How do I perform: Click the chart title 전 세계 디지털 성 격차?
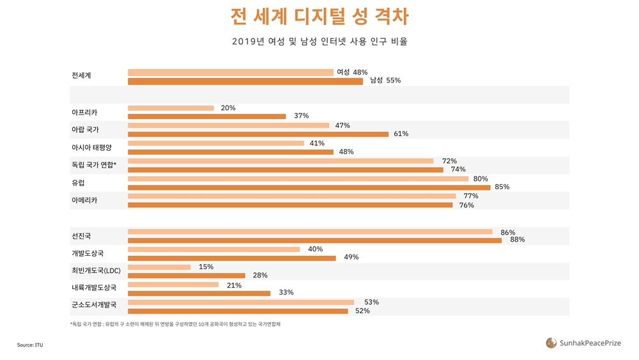pyautogui.click(x=319, y=17)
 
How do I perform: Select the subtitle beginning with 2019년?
pyautogui.click(x=319, y=42)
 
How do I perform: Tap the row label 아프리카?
pyautogui.click(x=84, y=113)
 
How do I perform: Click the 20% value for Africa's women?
pyautogui.click(x=228, y=108)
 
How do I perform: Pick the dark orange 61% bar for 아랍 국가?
pyautogui.click(x=258, y=134)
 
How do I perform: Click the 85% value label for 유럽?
pyautogui.click(x=502, y=187)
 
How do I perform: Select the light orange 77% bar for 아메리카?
pyautogui.click(x=292, y=196)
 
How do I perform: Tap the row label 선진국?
pyautogui.click(x=82, y=236)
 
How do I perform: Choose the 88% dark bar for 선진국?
pyautogui.click(x=314, y=240)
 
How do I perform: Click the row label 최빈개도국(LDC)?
pyautogui.click(x=96, y=271)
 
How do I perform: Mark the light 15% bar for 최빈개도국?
pyautogui.click(x=159, y=267)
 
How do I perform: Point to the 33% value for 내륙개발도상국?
pyautogui.click(x=286, y=293)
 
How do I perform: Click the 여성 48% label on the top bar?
pyautogui.click(x=352, y=72)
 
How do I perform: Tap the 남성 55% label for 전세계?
pyautogui.click(x=385, y=81)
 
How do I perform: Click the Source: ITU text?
pyautogui.click(x=30, y=345)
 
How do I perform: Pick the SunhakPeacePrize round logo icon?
pyautogui.click(x=551, y=343)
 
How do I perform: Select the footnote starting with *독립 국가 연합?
pyautogui.click(x=176, y=324)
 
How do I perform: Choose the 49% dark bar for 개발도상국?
pyautogui.click(x=232, y=258)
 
